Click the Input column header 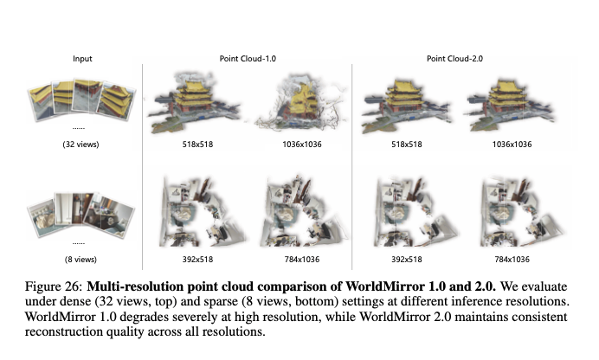pos(82,59)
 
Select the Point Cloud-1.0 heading pos(248,59)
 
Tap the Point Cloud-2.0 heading pos(454,59)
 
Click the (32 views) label pos(81,145)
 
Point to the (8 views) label pos(81,260)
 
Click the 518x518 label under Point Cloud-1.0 pos(197,145)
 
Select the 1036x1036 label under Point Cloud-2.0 pos(512,145)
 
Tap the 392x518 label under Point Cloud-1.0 pos(197,260)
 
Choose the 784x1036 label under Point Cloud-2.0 pos(512,260)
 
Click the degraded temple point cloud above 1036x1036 pos(302,103)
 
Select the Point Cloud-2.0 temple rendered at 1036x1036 pos(510,104)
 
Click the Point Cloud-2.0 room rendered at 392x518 pos(415,211)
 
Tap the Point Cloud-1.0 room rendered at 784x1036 pos(304,211)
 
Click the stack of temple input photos pos(81,100)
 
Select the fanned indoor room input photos pos(81,215)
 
